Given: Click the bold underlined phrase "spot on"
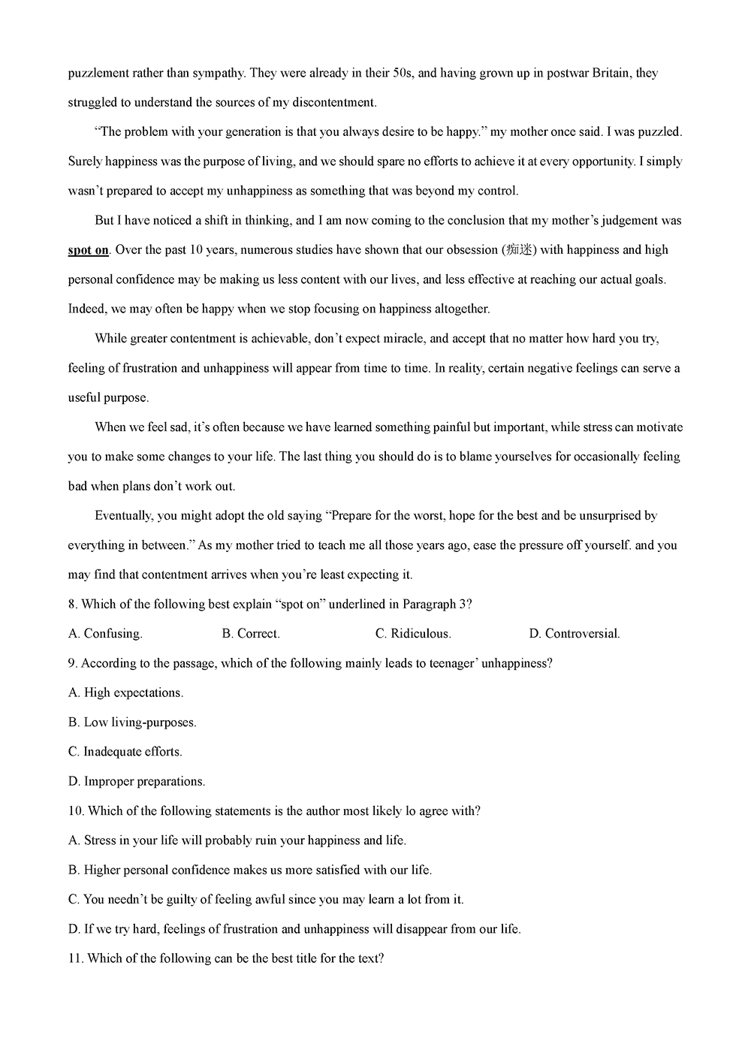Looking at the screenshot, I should [x=88, y=250].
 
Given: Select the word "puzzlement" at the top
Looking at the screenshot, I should [x=98, y=73].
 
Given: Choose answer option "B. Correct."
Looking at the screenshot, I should [x=251, y=633].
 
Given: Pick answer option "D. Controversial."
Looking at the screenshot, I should [x=575, y=633].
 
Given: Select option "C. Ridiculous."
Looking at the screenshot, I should [x=413, y=633].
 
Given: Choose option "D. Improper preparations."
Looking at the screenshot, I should [x=136, y=781].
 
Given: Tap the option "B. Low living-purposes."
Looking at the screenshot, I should [x=132, y=722].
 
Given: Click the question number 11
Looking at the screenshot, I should [x=74, y=958].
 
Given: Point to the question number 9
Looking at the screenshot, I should [x=71, y=663].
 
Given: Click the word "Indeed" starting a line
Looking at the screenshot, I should [x=86, y=309].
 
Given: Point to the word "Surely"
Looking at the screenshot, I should [x=85, y=161].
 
